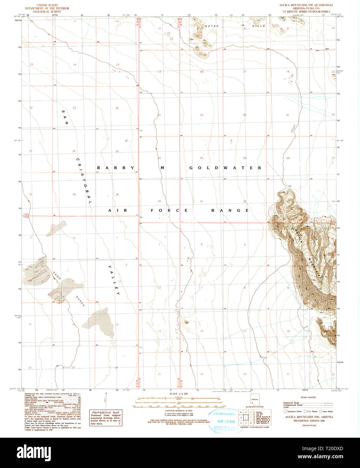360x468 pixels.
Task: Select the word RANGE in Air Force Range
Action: coord(230,210)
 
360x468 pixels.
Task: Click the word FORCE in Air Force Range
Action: coord(169,210)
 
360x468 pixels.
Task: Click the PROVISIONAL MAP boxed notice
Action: coord(106,418)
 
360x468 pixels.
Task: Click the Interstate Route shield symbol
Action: coord(286,411)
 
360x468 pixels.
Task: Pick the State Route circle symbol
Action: coord(321,411)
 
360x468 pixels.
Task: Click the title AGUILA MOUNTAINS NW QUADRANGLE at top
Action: coord(306,5)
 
